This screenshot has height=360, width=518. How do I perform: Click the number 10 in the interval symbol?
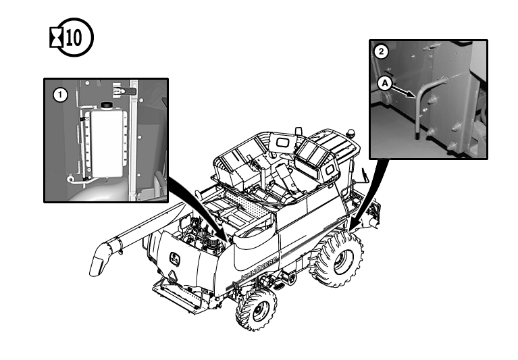(74, 38)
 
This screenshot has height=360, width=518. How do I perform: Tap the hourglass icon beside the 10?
(56, 38)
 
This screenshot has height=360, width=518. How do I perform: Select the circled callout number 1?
(60, 95)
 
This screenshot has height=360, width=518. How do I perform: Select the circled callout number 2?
(382, 51)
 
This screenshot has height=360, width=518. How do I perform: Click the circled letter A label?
(385, 84)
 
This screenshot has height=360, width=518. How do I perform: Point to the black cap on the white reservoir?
(107, 105)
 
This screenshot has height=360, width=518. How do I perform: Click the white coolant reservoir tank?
(107, 143)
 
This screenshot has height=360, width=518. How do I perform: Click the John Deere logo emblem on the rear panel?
(174, 259)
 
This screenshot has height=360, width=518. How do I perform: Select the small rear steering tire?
(257, 310)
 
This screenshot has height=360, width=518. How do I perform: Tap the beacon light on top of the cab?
(350, 134)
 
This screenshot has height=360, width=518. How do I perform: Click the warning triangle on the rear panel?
(172, 276)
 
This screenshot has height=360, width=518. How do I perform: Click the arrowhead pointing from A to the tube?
(411, 95)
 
